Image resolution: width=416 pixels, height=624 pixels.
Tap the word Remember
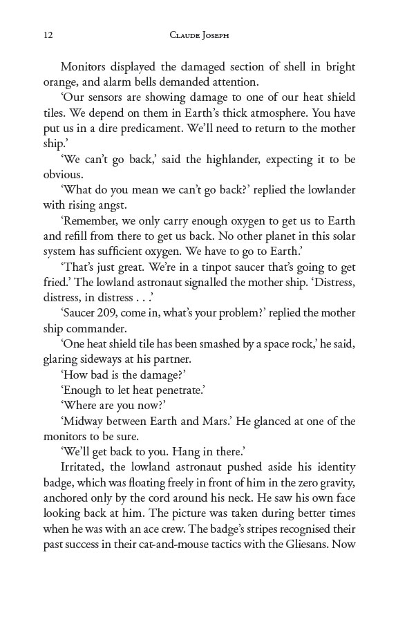click(92, 220)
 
